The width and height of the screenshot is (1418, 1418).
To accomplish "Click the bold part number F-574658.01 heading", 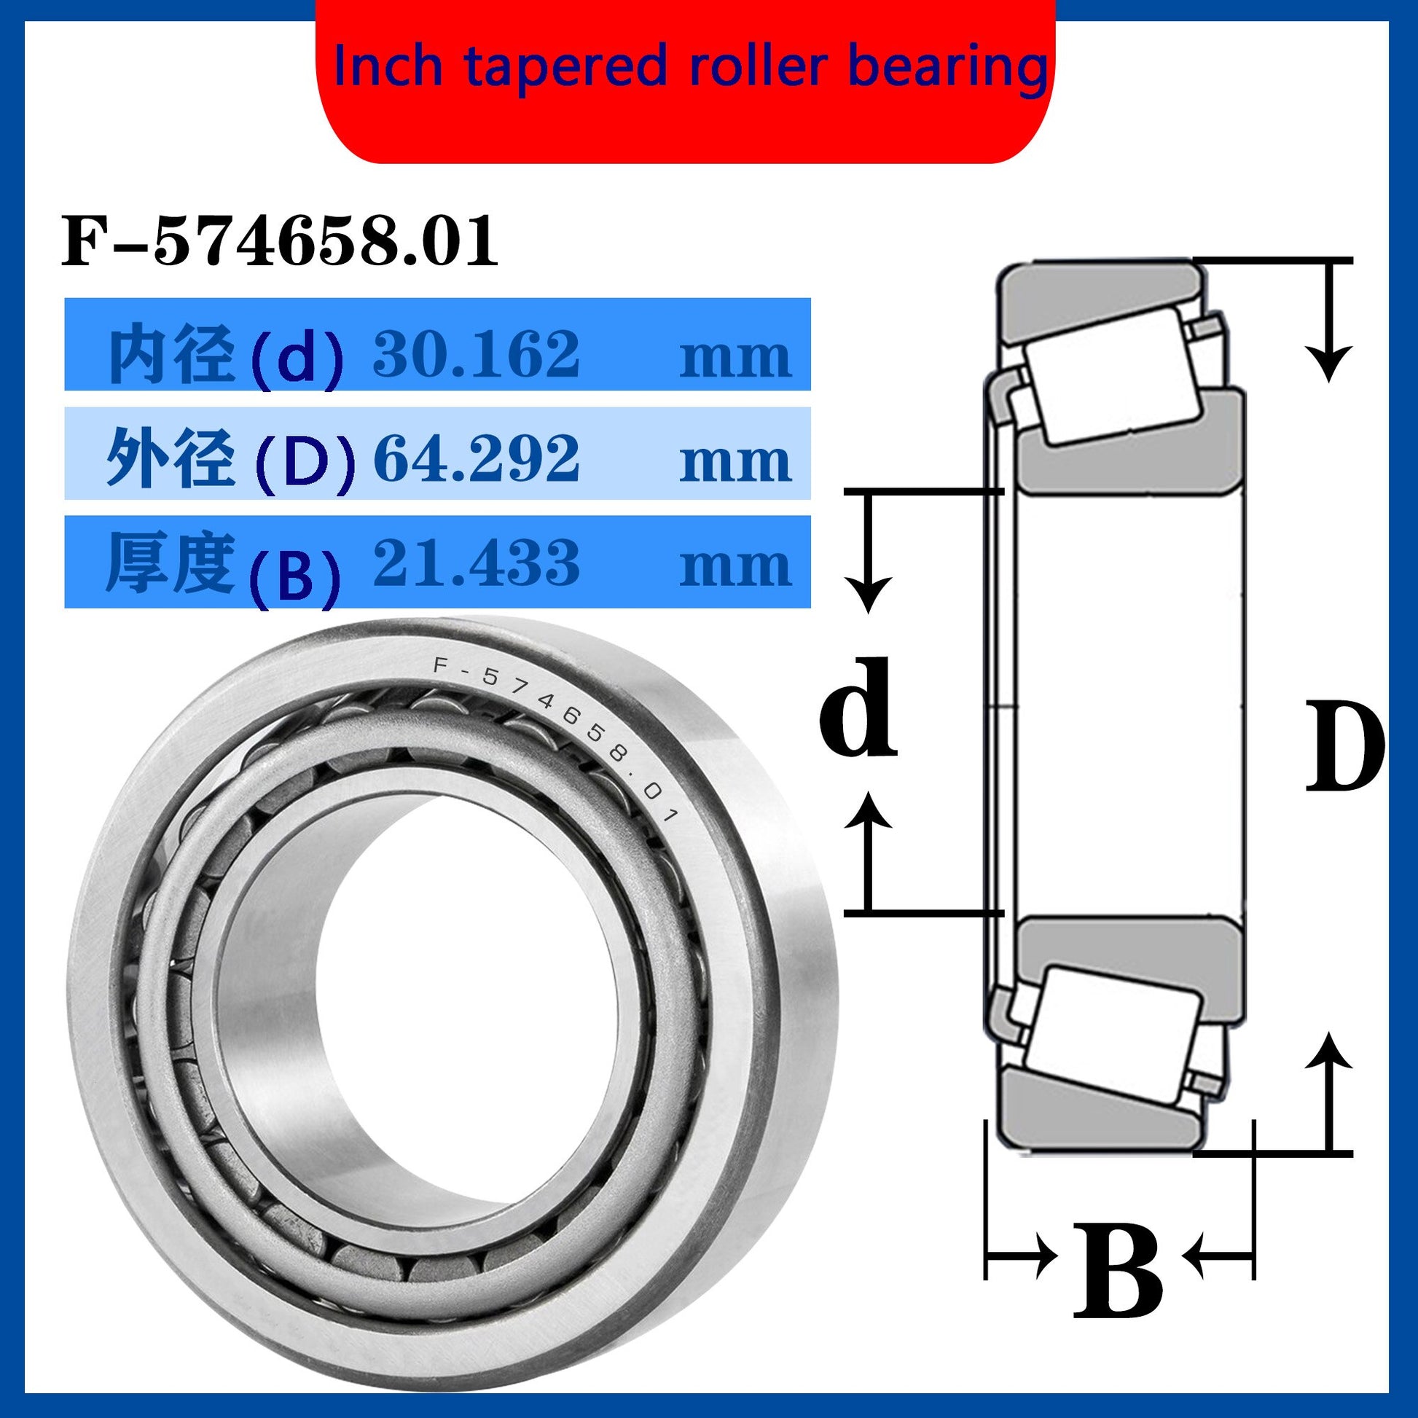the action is pyautogui.click(x=280, y=241).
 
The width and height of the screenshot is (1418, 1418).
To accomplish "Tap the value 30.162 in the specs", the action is pyautogui.click(x=477, y=353).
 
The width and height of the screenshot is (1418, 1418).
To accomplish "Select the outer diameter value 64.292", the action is pyautogui.click(x=477, y=458).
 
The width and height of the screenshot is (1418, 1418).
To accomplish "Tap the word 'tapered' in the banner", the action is pyautogui.click(x=565, y=69).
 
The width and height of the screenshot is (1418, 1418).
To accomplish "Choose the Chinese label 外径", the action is pyautogui.click(x=171, y=460).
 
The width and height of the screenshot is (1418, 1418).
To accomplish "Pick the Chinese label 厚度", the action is pyautogui.click(x=171, y=563).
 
